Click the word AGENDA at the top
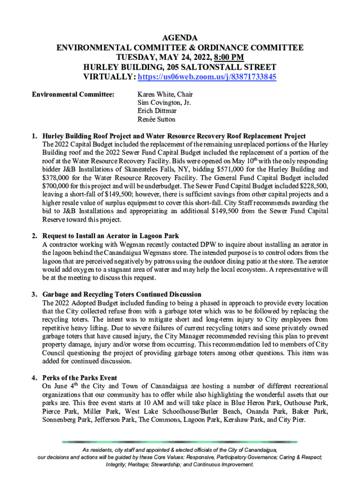click(x=180, y=37)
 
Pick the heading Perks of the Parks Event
click(x=79, y=377)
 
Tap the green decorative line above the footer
click(x=180, y=442)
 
